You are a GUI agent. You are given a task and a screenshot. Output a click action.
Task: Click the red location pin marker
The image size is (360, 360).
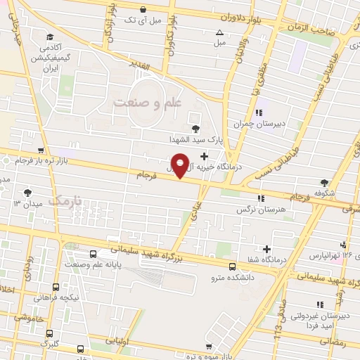point(181,165)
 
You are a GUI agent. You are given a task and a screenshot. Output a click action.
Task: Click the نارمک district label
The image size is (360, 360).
point(68,201)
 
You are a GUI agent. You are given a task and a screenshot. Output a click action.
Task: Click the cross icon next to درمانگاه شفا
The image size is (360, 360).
point(266,249)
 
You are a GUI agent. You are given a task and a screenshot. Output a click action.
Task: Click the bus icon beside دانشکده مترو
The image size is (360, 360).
point(233,266)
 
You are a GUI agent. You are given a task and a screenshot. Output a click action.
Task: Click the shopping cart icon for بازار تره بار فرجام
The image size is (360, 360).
point(41,150)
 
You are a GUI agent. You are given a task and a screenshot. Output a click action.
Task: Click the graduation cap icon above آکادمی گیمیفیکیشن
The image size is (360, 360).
point(49,37)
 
